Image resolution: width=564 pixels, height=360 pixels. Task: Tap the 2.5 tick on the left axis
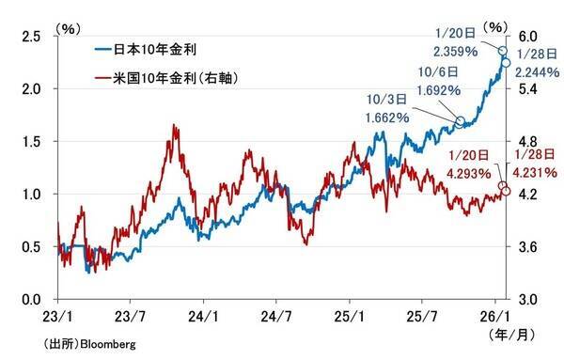(x=33, y=36)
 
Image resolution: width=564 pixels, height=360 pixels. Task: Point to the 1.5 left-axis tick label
(x=33, y=141)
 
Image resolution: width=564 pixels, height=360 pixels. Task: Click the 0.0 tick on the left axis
(x=33, y=299)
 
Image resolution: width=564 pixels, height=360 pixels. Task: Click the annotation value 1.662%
(x=386, y=118)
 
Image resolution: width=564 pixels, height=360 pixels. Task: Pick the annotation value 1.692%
(x=436, y=91)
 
